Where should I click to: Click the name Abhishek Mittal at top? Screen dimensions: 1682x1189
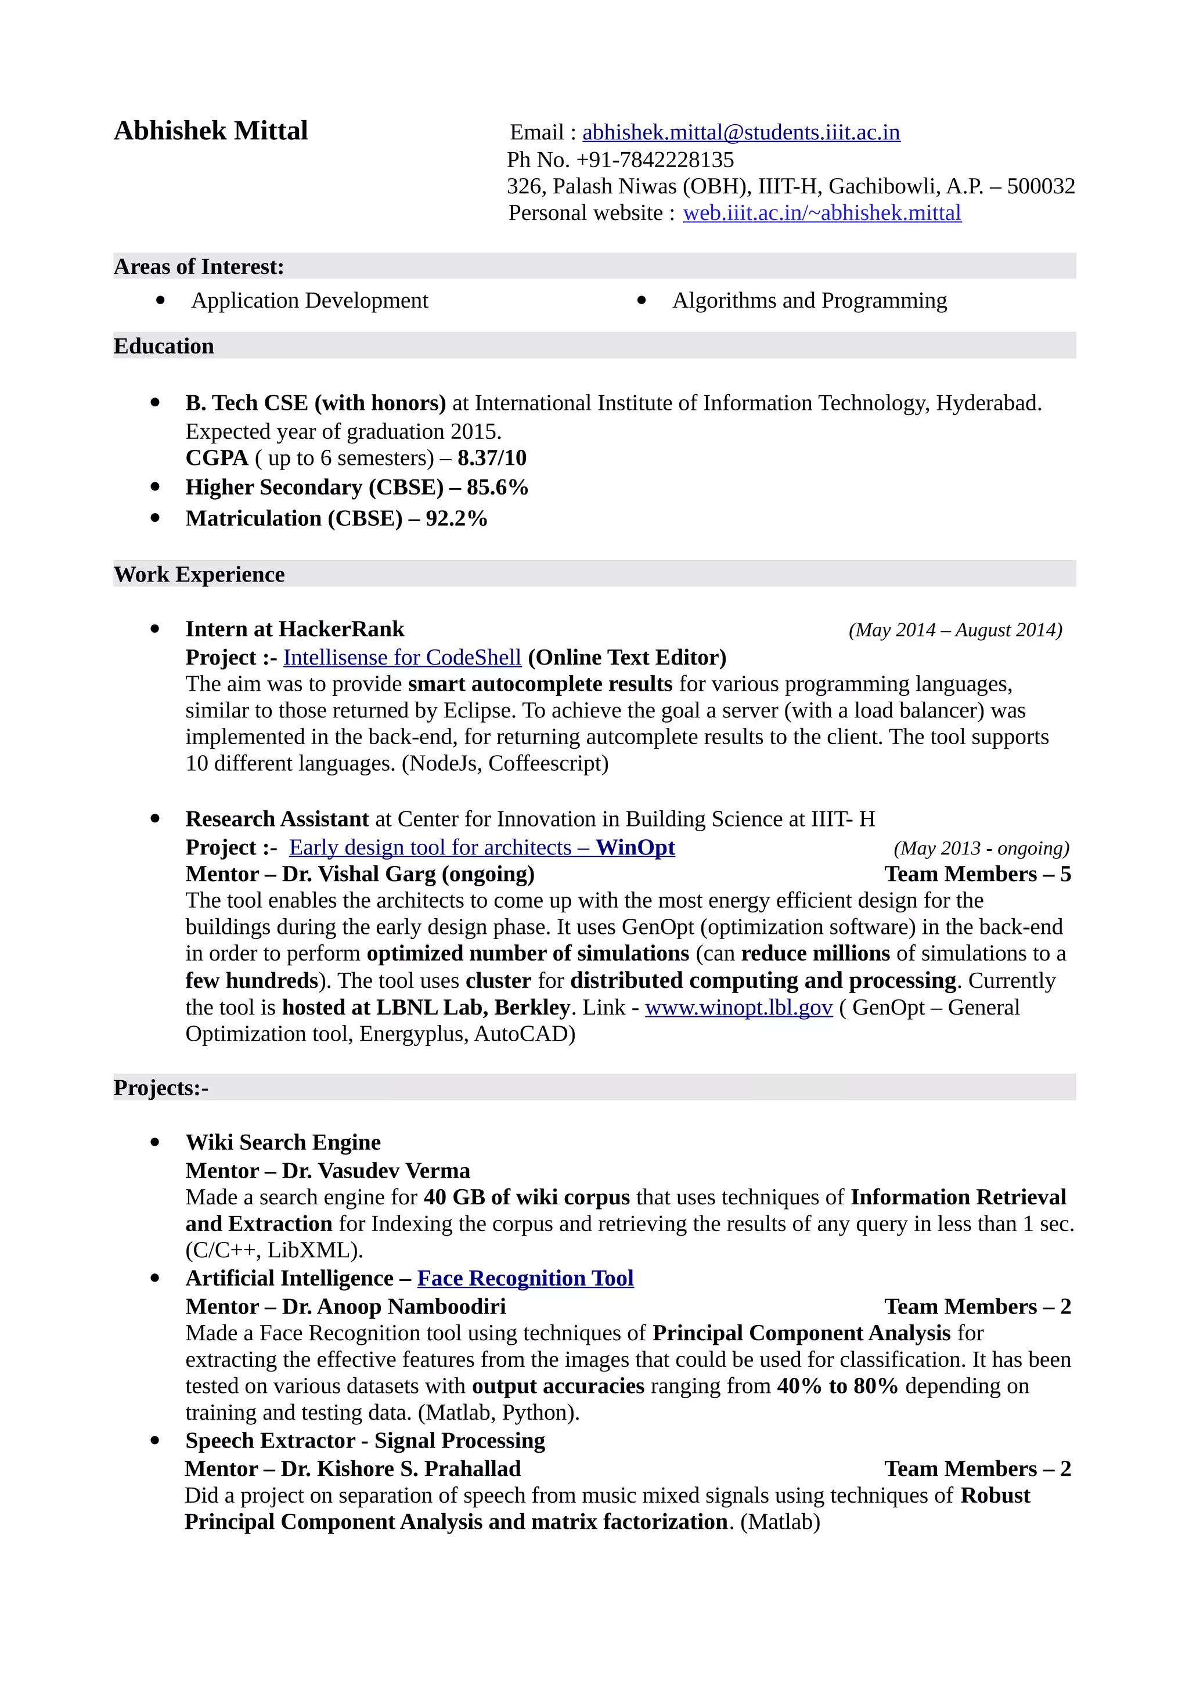click(x=210, y=131)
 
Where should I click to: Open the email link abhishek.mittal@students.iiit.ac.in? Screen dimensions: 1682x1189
click(x=741, y=132)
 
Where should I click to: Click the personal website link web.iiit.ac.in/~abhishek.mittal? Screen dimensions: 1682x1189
click(x=822, y=213)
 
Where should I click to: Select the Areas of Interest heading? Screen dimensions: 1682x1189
click(x=199, y=266)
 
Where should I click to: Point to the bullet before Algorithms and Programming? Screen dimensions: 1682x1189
click(x=642, y=301)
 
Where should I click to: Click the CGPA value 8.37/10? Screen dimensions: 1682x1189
click(x=492, y=458)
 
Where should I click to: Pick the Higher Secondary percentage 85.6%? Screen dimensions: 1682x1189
click(x=498, y=487)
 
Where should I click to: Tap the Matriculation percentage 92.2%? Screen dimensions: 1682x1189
click(x=456, y=519)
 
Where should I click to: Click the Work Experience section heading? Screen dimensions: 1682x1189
click(x=199, y=575)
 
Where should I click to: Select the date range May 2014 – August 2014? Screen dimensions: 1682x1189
click(x=954, y=630)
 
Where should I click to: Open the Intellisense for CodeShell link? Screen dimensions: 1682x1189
click(x=402, y=658)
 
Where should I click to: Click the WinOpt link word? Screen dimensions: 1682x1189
click(x=635, y=847)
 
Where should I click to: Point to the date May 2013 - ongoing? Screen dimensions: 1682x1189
click(x=981, y=849)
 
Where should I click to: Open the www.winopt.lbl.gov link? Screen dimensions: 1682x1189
click(x=738, y=1008)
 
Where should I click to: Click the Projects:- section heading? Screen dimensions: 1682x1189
click(x=161, y=1088)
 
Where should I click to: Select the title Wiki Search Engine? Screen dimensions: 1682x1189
click(x=283, y=1143)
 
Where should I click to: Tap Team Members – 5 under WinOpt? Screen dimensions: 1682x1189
click(x=977, y=874)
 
